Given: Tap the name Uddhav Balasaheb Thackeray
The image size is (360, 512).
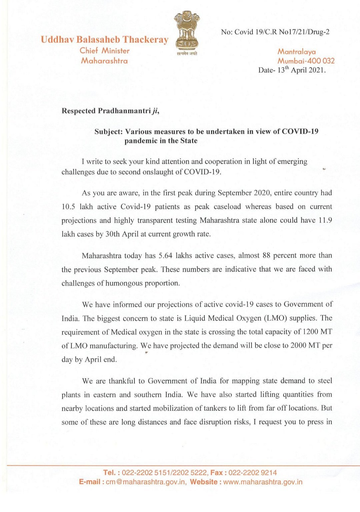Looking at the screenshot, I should click(x=104, y=40).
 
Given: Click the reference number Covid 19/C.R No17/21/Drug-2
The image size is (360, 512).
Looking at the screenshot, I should click(x=282, y=32).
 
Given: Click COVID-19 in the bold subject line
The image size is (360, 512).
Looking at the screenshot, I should click(x=300, y=131).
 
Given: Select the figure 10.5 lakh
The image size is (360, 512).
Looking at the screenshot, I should click(x=77, y=207).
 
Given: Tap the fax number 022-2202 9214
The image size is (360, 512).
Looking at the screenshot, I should click(x=253, y=473).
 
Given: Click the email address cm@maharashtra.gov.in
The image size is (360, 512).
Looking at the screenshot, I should click(x=146, y=482).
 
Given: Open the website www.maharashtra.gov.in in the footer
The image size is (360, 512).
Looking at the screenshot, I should click(x=263, y=482).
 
